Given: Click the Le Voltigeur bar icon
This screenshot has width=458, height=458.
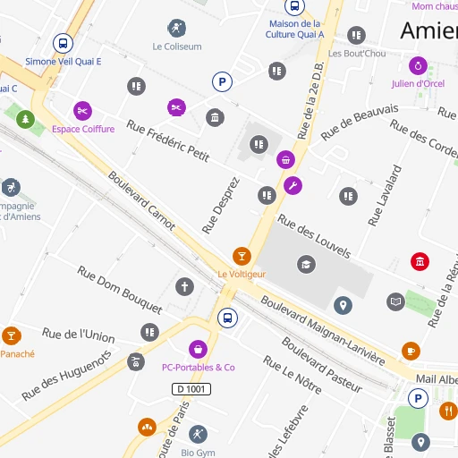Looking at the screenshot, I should (x=241, y=256).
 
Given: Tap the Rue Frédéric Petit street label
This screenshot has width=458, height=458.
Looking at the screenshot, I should (x=167, y=140).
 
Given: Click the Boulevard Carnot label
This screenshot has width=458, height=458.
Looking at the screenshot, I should (x=141, y=199).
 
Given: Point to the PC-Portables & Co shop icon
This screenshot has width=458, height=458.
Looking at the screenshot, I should (x=198, y=349).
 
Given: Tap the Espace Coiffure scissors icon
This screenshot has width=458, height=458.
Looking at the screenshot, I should (x=82, y=111).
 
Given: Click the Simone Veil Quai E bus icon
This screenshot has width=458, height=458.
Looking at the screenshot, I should (x=63, y=43).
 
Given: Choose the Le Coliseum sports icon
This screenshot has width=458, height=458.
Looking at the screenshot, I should (x=177, y=28).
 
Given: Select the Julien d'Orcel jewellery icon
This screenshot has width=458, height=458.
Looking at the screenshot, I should (x=418, y=65).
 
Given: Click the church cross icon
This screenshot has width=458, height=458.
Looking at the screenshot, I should (x=184, y=287).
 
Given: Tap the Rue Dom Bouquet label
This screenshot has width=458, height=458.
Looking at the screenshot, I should (x=119, y=289).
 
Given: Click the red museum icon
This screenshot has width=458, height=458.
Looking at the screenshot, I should (x=419, y=261).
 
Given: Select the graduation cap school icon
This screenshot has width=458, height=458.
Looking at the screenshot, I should (x=307, y=265).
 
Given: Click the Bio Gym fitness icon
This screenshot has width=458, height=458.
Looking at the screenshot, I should (x=198, y=434).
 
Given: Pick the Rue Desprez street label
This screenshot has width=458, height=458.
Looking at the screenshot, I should (x=221, y=205).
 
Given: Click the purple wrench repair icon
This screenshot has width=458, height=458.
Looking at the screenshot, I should (x=292, y=186).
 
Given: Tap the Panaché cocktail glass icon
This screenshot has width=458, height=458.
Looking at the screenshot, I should (x=11, y=335).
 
